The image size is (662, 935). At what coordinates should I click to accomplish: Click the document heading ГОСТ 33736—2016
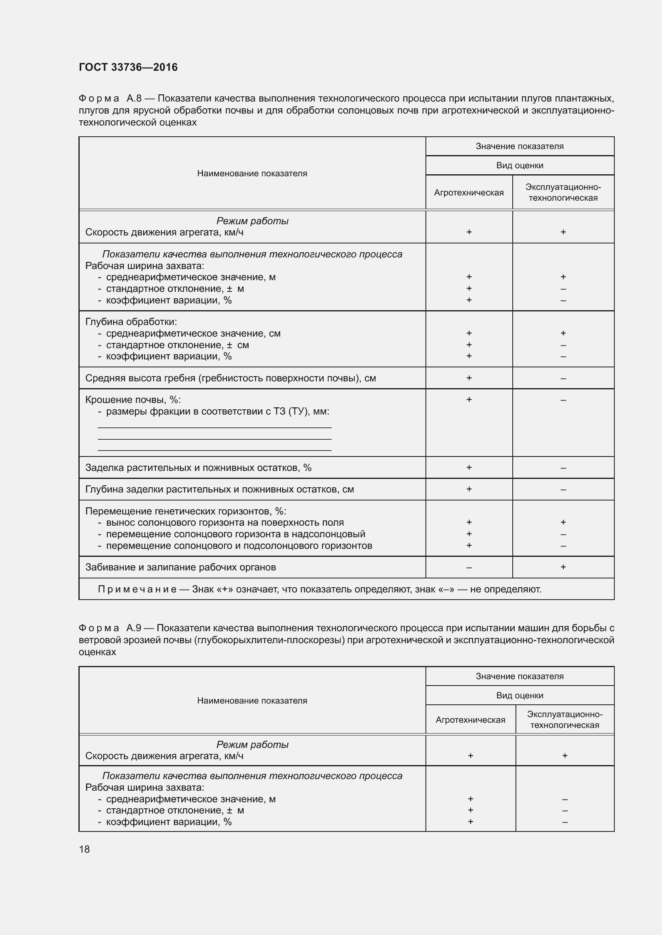pyautogui.click(x=128, y=67)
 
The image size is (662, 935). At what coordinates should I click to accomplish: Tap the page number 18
pyautogui.click(x=84, y=849)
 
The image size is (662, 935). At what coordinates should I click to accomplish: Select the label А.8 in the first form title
pyautogui.click(x=134, y=98)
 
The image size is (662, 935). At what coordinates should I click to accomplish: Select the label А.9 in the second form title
pyautogui.click(x=134, y=628)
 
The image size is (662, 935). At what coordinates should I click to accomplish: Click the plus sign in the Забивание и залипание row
pyautogui.click(x=563, y=567)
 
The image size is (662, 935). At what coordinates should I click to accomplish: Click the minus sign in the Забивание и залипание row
pyautogui.click(x=469, y=567)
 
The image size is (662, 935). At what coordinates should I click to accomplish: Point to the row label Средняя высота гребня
pyautogui.click(x=230, y=378)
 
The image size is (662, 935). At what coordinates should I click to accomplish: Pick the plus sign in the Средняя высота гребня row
pyautogui.click(x=469, y=378)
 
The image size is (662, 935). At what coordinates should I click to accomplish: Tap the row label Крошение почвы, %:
pyautogui.click(x=133, y=399)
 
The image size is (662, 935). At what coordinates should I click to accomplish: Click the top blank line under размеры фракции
pyautogui.click(x=215, y=427)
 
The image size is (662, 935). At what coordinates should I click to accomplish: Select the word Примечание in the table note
pyautogui.click(x=137, y=589)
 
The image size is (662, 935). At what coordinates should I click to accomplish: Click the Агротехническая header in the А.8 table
pyautogui.click(x=469, y=193)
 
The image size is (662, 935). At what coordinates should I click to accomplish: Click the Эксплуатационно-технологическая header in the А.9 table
pyautogui.click(x=565, y=720)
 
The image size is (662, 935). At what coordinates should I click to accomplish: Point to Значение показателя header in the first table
pyautogui.click(x=520, y=146)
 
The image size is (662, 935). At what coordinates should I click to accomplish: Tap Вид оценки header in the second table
pyautogui.click(x=520, y=696)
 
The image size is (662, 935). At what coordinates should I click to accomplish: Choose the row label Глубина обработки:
pyautogui.click(x=131, y=322)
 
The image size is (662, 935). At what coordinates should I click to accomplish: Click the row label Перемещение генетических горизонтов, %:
pyautogui.click(x=185, y=511)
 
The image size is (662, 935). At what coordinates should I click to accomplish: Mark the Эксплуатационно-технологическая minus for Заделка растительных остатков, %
pyautogui.click(x=563, y=468)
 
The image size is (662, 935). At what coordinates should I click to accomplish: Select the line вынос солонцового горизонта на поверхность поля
pyautogui.click(x=225, y=522)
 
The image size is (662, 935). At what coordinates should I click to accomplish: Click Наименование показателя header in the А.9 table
pyautogui.click(x=252, y=700)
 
